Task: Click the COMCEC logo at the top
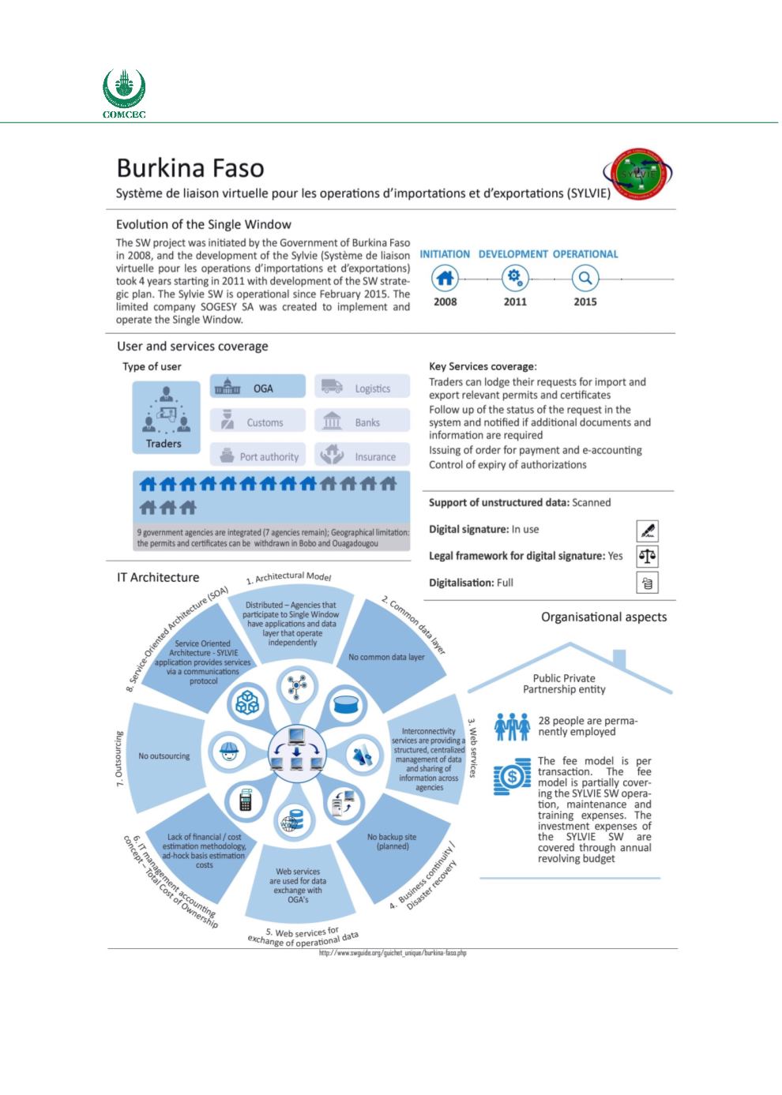(x=125, y=93)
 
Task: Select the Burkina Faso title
(x=190, y=168)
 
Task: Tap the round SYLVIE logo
(x=638, y=175)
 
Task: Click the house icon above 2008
(x=446, y=278)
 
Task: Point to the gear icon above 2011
(x=515, y=278)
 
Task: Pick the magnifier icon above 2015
(x=585, y=278)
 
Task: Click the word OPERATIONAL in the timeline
(x=585, y=254)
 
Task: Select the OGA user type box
(x=258, y=388)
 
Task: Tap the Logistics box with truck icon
(x=363, y=388)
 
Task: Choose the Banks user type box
(x=363, y=422)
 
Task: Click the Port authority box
(x=258, y=456)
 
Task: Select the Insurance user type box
(x=363, y=456)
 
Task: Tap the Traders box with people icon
(x=164, y=418)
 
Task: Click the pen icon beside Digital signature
(x=647, y=530)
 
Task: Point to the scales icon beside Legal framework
(x=647, y=556)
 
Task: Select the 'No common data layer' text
(x=386, y=657)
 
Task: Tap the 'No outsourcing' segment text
(x=164, y=756)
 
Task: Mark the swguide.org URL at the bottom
(x=393, y=954)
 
